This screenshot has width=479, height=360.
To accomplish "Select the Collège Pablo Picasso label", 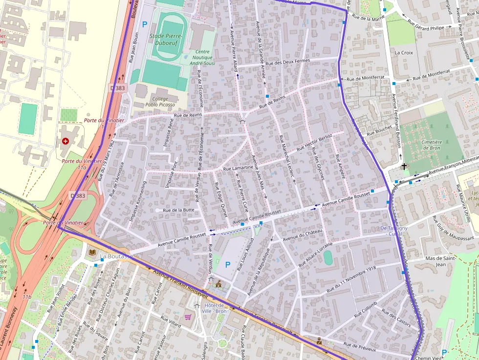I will pos(160,101).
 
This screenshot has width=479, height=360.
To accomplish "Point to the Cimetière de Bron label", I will pos(432,145).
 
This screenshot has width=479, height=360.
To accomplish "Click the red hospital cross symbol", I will pos(65,141).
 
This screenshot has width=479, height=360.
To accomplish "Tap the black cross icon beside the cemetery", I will pos(404,167).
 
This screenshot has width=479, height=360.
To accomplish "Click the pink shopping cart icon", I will pos(188,317).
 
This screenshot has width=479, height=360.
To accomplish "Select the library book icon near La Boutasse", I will pos(92,252).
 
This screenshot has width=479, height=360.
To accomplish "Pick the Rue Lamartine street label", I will pos(238,168).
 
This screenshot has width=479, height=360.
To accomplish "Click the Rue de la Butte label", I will pos(178,210).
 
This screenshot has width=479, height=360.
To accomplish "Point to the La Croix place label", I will pos(404,52).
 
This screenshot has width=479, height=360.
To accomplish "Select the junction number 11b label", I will pos(26,296).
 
